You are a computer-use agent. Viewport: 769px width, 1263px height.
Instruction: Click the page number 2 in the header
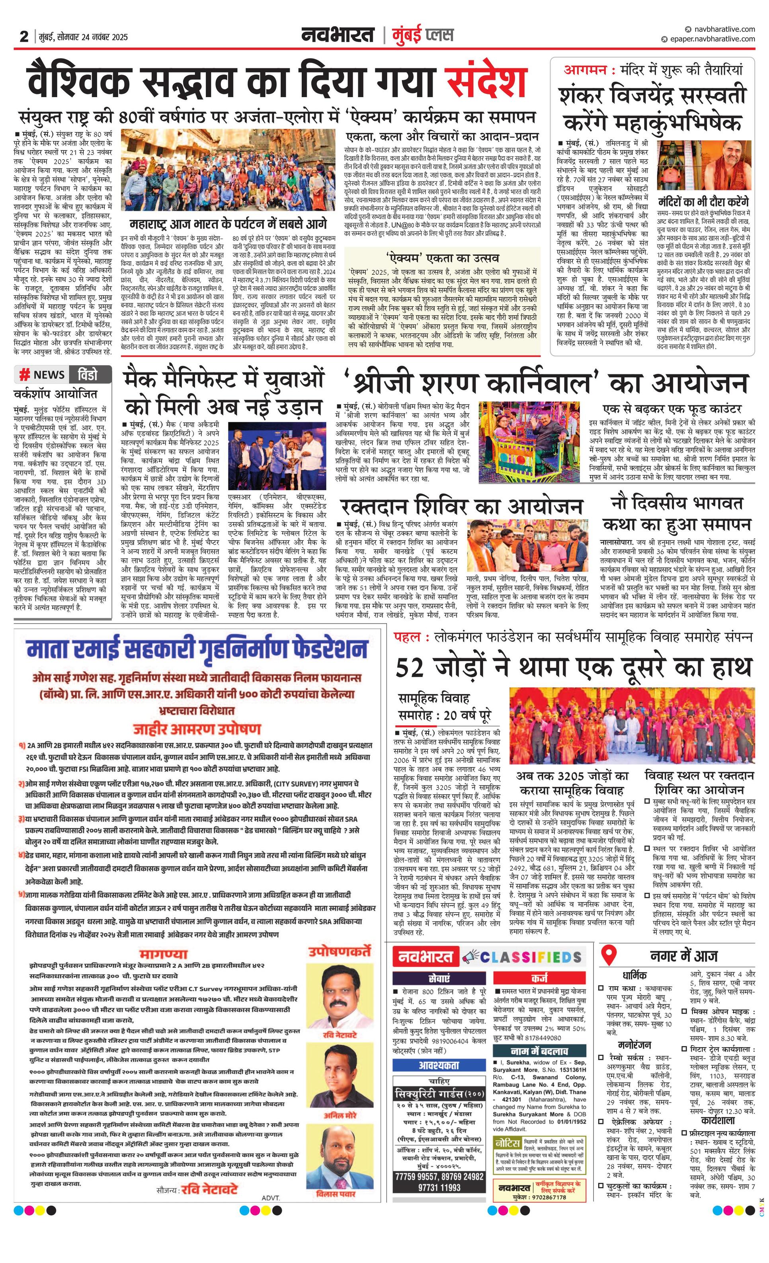coord(23,36)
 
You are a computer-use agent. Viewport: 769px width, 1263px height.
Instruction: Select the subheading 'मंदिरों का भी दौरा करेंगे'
coord(703,201)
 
